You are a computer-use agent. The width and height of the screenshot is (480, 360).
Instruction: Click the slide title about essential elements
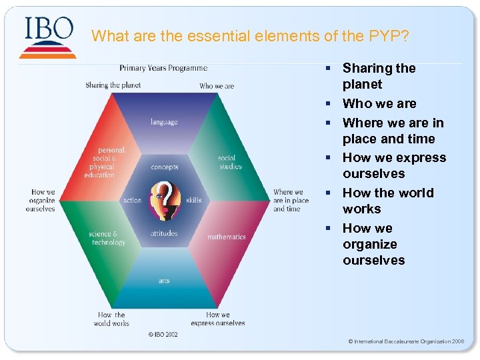(250, 35)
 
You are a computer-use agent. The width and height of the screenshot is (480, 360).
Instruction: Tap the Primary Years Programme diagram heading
(163, 68)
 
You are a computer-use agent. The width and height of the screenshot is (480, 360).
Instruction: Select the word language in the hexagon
(164, 122)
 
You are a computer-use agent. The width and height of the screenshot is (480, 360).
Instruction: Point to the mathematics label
(227, 237)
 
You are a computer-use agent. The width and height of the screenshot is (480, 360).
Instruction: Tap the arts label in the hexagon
(164, 281)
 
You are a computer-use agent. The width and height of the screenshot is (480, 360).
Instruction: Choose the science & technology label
(107, 238)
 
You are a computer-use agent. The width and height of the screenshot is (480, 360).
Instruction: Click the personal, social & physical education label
(100, 163)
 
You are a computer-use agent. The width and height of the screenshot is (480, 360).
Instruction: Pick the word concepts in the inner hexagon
(165, 167)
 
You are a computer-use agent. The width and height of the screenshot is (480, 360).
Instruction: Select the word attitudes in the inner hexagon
(164, 233)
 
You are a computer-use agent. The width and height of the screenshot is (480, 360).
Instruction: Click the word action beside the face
(132, 200)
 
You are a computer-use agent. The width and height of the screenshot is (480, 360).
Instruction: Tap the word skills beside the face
(194, 200)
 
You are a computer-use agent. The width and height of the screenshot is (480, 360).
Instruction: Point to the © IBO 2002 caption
(163, 335)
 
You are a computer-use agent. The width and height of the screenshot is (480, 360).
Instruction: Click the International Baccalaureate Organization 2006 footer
(406, 341)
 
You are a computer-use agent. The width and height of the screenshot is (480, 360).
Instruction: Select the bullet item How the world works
(388, 201)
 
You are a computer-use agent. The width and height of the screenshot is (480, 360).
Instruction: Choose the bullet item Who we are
(379, 103)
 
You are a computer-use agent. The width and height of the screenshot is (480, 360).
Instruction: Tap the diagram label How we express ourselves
(217, 319)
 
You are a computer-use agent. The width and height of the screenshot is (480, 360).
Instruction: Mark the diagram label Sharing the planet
(113, 85)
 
